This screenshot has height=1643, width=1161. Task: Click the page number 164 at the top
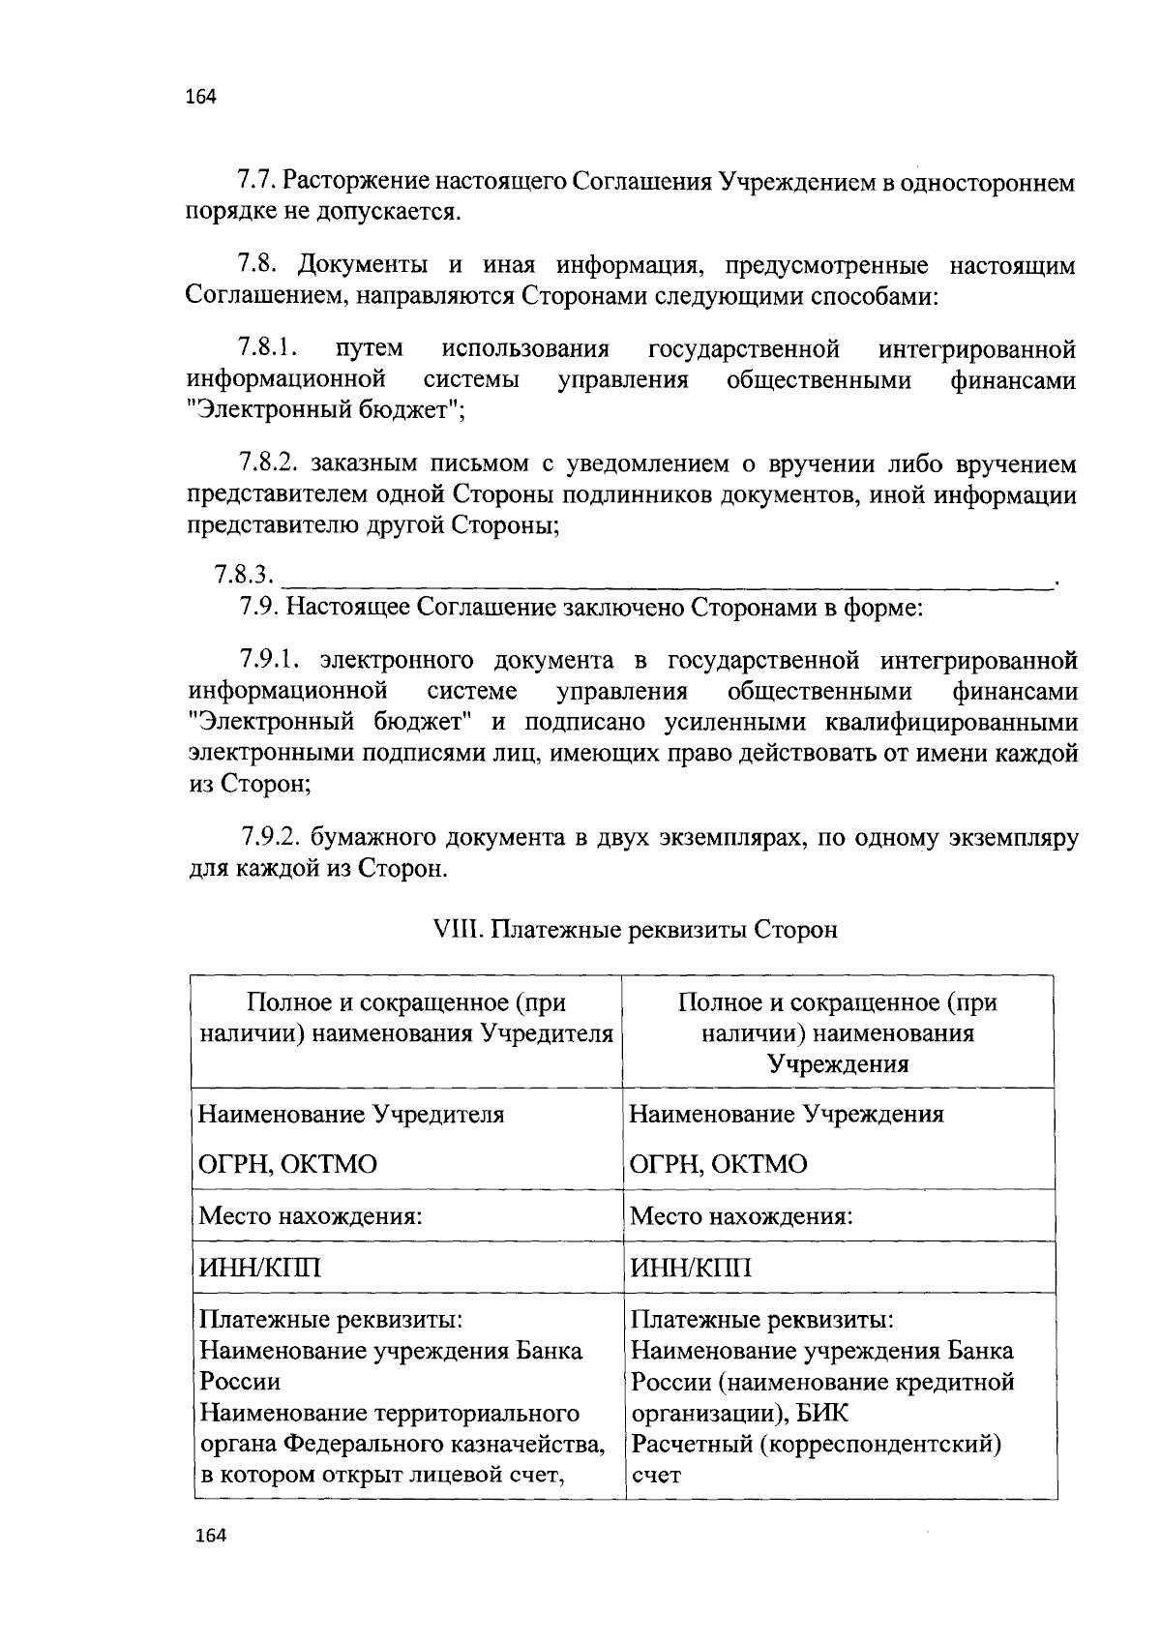pos(200,97)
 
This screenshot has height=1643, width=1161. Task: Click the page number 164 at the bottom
pos(210,1536)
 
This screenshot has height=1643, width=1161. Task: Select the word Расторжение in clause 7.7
pos(356,182)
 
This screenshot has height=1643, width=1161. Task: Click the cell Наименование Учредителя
pos(351,1114)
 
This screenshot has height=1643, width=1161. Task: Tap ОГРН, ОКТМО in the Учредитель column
pos(287,1164)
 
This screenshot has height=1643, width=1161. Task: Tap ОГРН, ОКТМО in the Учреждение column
pos(718,1164)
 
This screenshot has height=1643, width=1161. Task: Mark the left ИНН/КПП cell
pos(259,1268)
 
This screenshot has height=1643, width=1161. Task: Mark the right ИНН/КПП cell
pos(691,1268)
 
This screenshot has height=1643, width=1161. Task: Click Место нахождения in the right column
pos(741,1215)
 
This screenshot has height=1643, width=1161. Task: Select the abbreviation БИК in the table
pos(823,1413)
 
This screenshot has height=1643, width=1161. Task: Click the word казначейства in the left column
pos(530,1444)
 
